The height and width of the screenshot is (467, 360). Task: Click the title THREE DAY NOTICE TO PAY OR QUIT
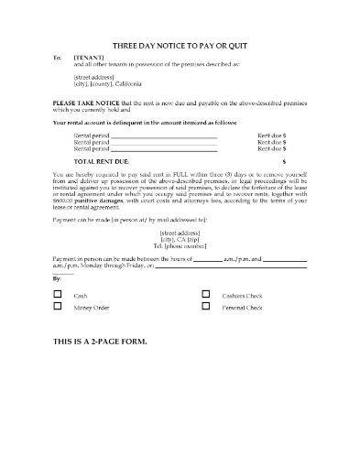(x=180, y=44)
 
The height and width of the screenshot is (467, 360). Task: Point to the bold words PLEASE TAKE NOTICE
(x=83, y=104)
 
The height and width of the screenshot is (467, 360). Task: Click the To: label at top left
(x=58, y=56)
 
